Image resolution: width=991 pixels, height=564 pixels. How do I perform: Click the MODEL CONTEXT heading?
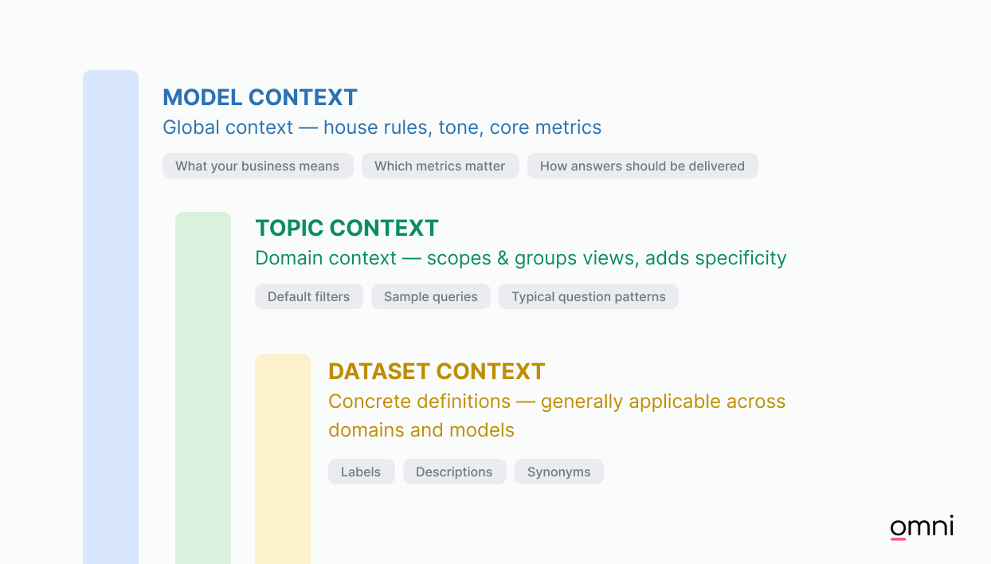point(260,97)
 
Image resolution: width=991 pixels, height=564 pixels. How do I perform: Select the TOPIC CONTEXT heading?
point(347,228)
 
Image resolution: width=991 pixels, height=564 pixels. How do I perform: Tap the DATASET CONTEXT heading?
point(437,371)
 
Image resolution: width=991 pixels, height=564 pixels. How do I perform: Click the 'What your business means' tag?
point(257,166)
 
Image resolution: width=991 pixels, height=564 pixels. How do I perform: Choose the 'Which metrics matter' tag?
point(440,166)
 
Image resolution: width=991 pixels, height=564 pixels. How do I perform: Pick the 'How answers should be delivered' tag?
point(642,166)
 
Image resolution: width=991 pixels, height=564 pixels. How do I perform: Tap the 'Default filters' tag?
point(308,296)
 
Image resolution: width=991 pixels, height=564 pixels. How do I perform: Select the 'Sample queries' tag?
point(430,296)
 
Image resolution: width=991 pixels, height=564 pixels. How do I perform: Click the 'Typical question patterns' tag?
point(588,296)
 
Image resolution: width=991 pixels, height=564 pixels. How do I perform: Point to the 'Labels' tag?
point(361,472)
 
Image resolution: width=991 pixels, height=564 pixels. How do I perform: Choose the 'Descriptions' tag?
point(454,472)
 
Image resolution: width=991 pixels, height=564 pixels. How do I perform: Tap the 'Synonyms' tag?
point(558,472)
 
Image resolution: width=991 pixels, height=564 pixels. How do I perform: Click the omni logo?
point(922,527)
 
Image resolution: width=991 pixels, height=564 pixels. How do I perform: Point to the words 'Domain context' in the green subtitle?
point(326,258)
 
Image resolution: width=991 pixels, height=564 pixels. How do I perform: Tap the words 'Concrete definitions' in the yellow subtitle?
point(419,401)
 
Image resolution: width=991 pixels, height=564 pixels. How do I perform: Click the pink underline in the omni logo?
point(898,539)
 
